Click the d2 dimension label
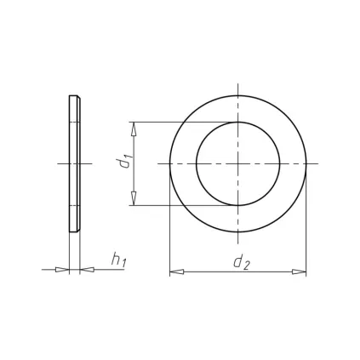click(x=241, y=262)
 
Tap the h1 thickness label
click(x=118, y=260)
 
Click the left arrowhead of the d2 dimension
click(x=176, y=272)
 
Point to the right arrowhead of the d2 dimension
click(x=300, y=271)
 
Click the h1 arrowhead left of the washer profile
click(x=62, y=270)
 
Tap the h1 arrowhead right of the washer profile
click(x=87, y=270)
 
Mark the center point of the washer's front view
click(x=237, y=163)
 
